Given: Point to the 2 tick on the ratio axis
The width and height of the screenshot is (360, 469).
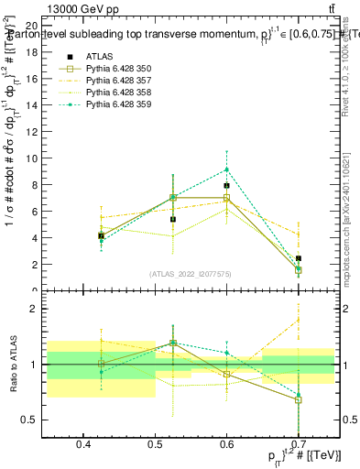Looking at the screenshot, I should tap(35, 309).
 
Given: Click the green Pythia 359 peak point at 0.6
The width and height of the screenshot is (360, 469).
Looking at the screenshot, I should tap(226, 169).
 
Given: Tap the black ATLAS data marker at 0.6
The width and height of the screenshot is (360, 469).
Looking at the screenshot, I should tap(226, 186).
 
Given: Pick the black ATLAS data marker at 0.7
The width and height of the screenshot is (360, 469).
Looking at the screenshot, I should tap(298, 258).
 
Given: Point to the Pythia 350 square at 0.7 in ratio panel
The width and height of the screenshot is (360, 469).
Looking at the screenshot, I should tap(298, 400).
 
